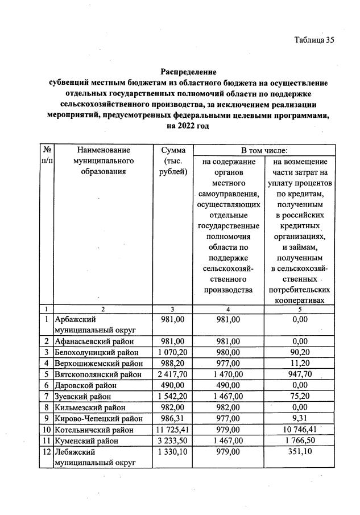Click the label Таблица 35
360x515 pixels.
[313, 40]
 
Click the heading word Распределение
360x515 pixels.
[188, 72]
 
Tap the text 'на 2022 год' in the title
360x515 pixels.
[188, 125]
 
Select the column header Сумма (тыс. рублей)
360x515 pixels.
[173, 161]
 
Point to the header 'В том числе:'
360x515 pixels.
[264, 150]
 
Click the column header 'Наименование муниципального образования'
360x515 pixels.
[102, 161]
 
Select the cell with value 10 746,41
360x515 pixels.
[300, 429]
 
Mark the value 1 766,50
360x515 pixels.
[300, 440]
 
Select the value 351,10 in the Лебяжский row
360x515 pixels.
[300, 451]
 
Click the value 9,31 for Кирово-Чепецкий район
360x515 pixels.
[300, 418]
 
